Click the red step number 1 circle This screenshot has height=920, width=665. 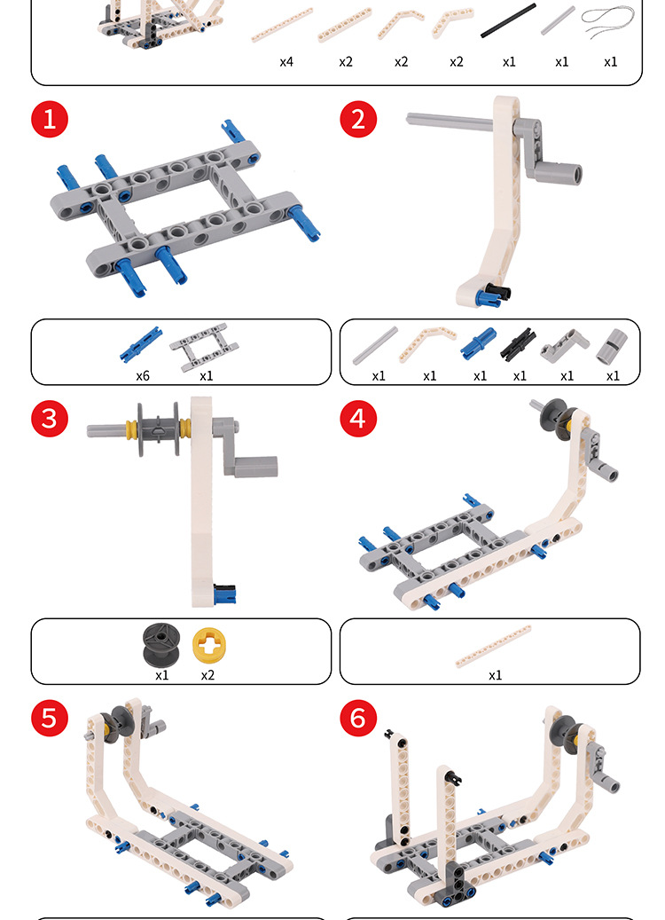50,119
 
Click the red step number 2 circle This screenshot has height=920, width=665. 358,119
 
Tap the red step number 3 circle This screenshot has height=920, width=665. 50,419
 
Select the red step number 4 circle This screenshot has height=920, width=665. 358,419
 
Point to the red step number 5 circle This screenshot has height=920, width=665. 50,718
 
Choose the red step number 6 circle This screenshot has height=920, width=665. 358,718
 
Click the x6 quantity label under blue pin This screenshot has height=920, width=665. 143,376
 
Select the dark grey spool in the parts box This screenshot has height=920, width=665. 161,645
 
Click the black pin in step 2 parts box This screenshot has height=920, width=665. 518,344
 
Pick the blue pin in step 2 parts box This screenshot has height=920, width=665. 479,343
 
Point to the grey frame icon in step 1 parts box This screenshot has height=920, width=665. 204,348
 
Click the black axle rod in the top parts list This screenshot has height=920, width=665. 508,20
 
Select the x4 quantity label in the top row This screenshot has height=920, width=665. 286,62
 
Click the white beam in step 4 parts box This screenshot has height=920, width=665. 493,647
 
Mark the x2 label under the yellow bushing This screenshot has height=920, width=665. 207,675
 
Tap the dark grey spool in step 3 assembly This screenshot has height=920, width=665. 159,429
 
